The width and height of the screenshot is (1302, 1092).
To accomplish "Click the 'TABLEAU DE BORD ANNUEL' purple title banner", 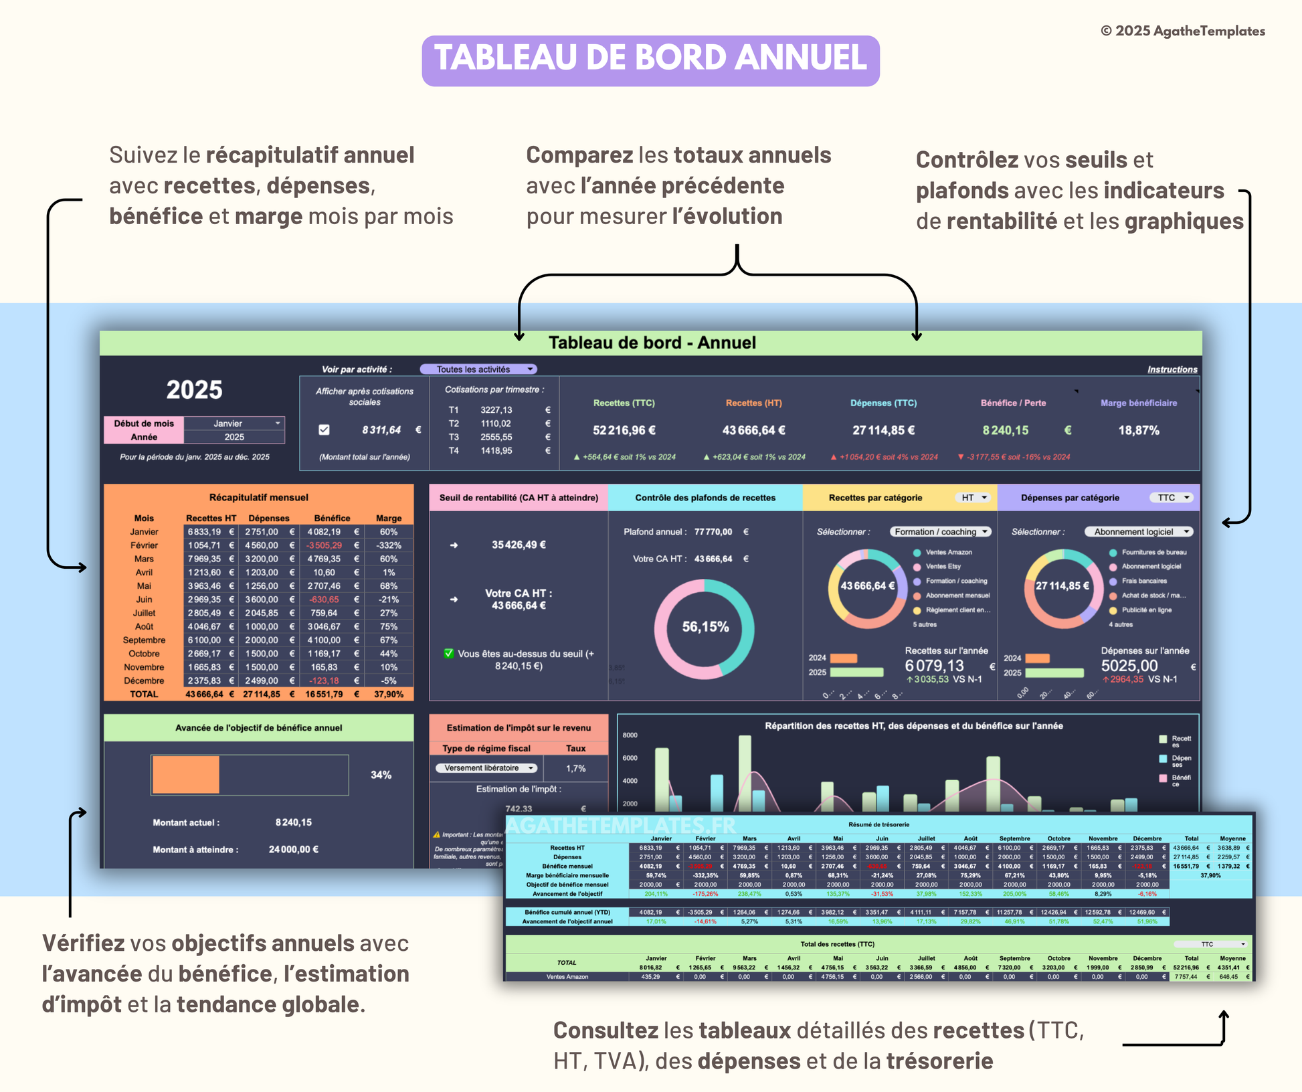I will (650, 60).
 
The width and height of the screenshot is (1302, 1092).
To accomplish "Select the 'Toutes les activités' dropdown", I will (478, 369).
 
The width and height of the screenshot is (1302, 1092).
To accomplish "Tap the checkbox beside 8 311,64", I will (324, 430).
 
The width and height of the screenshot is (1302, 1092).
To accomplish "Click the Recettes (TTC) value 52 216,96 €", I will (624, 430).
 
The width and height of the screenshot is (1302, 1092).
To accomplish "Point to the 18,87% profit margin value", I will (1138, 430).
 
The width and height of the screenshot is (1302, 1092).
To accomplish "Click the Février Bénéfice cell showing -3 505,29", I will (324, 545).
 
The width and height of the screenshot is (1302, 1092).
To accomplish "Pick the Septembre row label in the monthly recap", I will (144, 640).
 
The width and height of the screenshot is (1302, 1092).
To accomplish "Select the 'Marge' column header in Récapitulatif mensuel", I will (389, 518).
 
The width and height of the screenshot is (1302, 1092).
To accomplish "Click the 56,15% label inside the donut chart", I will (705, 627).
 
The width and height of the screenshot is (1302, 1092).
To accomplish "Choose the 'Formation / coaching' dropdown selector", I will (940, 532).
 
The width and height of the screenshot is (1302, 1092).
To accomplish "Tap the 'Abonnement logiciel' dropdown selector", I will (1138, 532).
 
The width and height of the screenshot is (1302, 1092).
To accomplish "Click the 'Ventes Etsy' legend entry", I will (943, 567).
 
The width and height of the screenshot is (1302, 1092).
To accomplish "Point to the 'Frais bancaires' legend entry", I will (1143, 581).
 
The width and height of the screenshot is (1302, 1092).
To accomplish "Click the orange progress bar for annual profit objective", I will (186, 775).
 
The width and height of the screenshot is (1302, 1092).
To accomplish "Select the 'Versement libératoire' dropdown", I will (486, 768).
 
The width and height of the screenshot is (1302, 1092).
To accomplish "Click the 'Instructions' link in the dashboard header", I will (1172, 369).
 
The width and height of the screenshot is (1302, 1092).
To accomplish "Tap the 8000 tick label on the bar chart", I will (630, 735).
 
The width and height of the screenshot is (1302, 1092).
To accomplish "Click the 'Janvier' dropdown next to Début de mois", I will (234, 424).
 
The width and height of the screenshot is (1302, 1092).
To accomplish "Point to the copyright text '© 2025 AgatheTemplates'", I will (1182, 31).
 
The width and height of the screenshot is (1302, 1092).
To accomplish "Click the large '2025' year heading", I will (194, 390).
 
